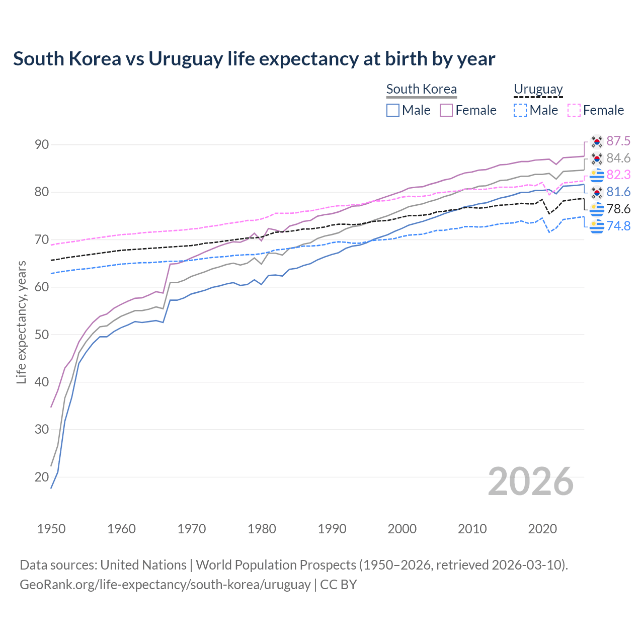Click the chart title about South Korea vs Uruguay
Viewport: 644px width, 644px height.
[254, 59]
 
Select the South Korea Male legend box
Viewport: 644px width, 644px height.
[393, 110]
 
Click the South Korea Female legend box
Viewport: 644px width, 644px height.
[446, 110]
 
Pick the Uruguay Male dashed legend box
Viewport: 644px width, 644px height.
[520, 110]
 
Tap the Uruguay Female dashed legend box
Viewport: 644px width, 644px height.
[574, 110]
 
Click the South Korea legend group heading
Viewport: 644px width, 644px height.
[422, 89]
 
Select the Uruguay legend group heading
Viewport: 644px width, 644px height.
[538, 89]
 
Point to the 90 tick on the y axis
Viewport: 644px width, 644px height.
[42, 145]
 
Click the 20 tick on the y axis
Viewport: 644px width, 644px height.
[42, 477]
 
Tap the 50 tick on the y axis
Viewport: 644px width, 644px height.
[42, 335]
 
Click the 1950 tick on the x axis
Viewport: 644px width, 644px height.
[51, 529]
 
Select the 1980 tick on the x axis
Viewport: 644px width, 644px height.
[262, 529]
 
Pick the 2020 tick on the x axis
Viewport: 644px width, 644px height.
[542, 529]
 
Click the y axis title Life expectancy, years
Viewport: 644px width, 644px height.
[21, 322]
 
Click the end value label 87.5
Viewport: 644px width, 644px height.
[618, 141]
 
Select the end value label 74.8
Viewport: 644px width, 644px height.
[618, 226]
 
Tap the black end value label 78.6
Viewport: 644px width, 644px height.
[618, 209]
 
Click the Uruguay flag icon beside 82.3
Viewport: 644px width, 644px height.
[597, 175]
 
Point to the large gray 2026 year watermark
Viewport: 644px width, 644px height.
[531, 481]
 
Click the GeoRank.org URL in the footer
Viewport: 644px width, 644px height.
[165, 585]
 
